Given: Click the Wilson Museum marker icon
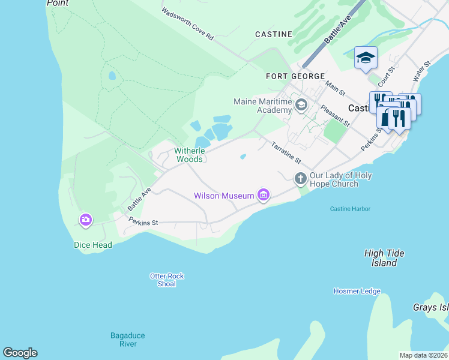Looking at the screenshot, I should click(x=263, y=195).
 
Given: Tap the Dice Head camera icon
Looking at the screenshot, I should click(x=86, y=220).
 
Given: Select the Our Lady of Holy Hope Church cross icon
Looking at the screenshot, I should click(x=301, y=178).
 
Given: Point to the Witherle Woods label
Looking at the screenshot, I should click(x=190, y=155).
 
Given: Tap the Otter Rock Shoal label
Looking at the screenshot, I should click(x=166, y=280).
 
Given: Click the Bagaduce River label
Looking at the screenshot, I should click(x=127, y=340).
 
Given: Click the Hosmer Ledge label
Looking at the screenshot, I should click(x=357, y=291).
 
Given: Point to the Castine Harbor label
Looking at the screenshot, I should click(x=350, y=209).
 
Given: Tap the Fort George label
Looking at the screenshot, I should click(x=295, y=76).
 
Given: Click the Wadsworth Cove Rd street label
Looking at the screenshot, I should click(x=187, y=25).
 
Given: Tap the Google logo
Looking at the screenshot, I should click(x=20, y=353).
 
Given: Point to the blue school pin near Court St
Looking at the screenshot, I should click(x=366, y=58).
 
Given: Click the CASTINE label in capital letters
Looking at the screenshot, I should click(x=273, y=34).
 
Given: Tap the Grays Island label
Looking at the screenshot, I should click(x=430, y=307).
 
